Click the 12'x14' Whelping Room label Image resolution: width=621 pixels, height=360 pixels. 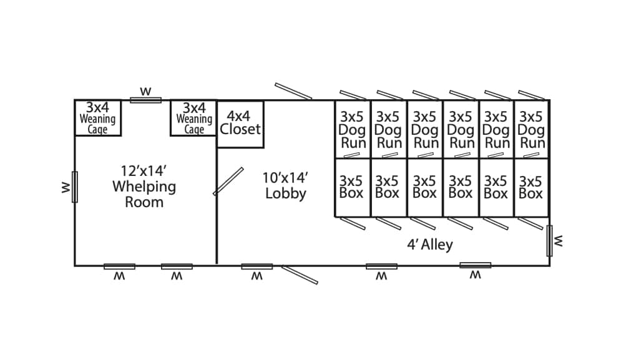click(144, 186)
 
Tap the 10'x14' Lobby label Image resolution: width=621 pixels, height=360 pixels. click(286, 185)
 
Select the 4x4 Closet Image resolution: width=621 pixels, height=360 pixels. click(240, 124)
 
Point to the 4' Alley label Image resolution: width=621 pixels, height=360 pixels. click(430, 245)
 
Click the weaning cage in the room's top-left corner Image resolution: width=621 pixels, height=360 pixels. click(98, 118)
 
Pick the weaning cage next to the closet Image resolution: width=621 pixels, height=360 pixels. click(193, 118)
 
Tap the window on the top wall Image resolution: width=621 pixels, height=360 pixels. click(146, 100)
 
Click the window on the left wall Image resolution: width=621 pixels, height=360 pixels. click(74, 187)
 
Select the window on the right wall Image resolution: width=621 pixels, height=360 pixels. click(550, 241)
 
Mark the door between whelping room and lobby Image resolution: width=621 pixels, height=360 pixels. click(228, 182)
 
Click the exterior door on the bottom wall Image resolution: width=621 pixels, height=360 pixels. click(300, 275)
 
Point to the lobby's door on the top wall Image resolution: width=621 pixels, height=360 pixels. click(293, 91)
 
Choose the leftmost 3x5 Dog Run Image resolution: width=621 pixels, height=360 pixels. click(353, 130)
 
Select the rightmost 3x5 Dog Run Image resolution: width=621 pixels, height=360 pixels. click(532, 130)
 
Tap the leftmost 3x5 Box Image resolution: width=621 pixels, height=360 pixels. click(353, 188)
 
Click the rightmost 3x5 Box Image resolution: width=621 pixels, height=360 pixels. click(532, 188)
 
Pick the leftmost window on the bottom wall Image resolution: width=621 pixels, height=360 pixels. click(119, 266)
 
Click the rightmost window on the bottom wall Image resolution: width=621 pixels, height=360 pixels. click(475, 265)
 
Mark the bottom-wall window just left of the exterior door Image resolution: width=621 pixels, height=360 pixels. click(257, 266)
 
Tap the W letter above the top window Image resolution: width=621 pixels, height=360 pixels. click(146, 92)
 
